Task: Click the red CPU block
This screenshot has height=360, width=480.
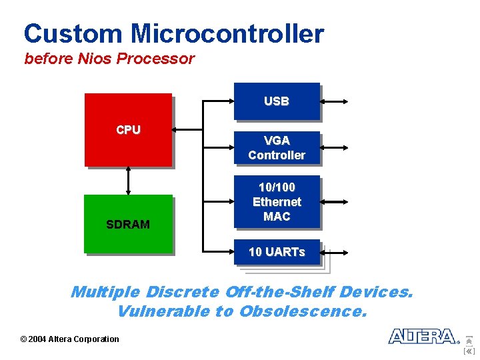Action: pyautogui.click(x=128, y=129)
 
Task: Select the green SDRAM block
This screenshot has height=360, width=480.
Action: pyautogui.click(x=128, y=224)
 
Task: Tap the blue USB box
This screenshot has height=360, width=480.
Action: pyautogui.click(x=277, y=101)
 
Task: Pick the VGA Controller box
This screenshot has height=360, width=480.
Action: pyautogui.click(x=277, y=148)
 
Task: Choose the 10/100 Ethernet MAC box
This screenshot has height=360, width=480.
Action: pyautogui.click(x=277, y=201)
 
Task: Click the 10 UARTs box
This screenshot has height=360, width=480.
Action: pyautogui.click(x=277, y=252)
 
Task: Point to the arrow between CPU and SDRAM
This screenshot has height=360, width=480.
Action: pyautogui.click(x=128, y=180)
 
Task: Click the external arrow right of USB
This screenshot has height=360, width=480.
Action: pyautogui.click(x=334, y=102)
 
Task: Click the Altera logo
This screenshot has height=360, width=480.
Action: pyautogui.click(x=423, y=336)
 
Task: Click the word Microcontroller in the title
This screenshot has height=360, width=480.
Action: pyautogui.click(x=227, y=33)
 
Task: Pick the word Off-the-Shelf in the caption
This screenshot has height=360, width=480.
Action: pyautogui.click(x=280, y=292)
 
